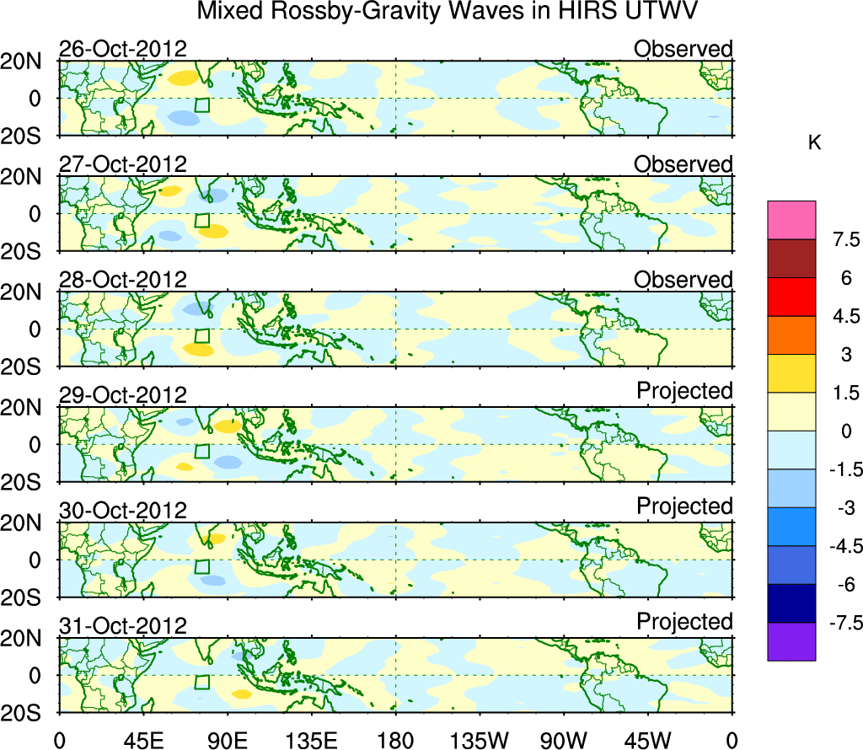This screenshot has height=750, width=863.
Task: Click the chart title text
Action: coord(448,13)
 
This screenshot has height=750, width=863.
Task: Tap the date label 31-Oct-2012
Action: coord(122,626)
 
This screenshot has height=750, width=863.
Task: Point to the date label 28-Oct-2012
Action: coord(122,280)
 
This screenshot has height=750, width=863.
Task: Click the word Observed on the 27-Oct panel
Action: coord(683,164)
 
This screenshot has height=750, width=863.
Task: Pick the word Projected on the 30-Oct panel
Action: coord(684,506)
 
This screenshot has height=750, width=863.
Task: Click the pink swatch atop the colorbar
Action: coord(791,220)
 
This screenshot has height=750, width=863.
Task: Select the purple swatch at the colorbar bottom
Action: coord(791,641)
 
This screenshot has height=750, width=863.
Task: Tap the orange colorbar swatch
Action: coord(791,335)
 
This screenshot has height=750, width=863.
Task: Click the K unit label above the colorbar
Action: coord(814,143)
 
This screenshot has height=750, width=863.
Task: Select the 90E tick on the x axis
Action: coord(227,741)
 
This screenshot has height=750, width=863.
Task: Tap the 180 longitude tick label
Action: coord(395,741)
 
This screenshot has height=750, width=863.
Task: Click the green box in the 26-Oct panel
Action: coord(201,105)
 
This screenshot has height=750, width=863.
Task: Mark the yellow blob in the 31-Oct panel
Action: coord(241,694)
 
